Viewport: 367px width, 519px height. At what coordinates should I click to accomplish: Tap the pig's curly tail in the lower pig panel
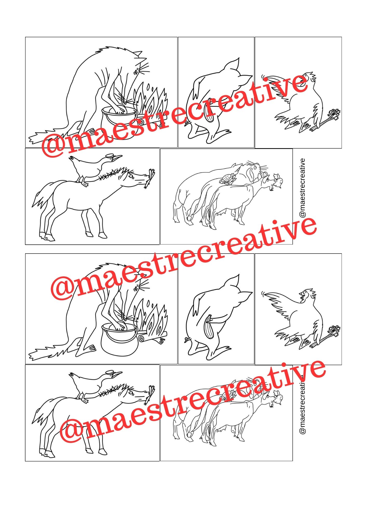[188, 339]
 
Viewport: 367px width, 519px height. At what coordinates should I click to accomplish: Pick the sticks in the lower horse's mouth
[149, 395]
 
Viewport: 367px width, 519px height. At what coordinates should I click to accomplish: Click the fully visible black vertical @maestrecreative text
[303, 188]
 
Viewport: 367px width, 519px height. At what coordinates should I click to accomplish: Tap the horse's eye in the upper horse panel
[131, 176]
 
